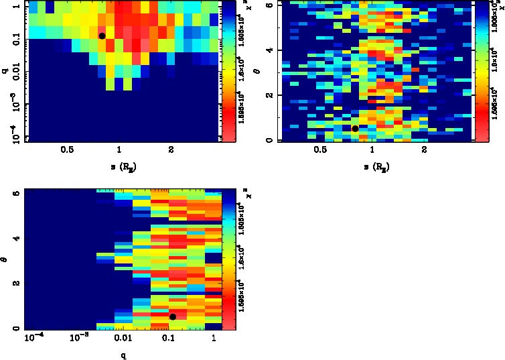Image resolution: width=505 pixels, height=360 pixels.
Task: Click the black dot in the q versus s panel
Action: click(x=102, y=36)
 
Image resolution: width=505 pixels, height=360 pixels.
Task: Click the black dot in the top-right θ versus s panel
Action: click(x=355, y=128)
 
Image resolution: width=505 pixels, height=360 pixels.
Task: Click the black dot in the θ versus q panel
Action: click(x=173, y=316)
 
